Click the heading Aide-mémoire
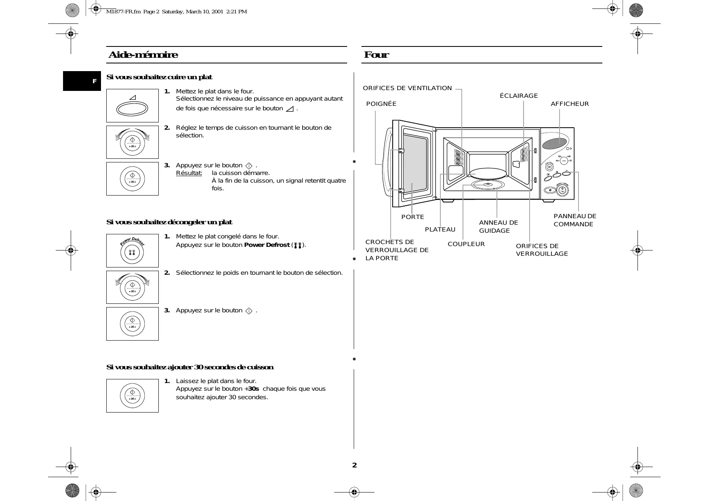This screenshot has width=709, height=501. tap(143, 55)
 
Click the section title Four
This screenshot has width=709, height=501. tap(376, 55)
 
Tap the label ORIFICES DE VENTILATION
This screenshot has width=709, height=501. tap(407, 88)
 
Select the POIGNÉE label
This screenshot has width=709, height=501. tap(381, 104)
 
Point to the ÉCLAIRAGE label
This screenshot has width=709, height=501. tap(519, 96)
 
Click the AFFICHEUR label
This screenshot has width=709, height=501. tap(570, 104)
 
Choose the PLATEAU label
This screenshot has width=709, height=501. tap(440, 229)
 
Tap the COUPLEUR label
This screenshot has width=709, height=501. tap(466, 244)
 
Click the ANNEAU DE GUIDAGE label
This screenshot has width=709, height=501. tap(498, 227)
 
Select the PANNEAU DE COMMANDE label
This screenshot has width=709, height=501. tap(574, 220)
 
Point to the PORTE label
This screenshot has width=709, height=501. tap(412, 217)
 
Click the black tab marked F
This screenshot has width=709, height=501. tap(82, 81)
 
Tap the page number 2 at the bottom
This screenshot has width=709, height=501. tap(354, 465)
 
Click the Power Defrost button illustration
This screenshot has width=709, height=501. tap(132, 253)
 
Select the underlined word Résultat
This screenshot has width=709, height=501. tap(189, 173)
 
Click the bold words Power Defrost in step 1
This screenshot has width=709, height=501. tap(267, 245)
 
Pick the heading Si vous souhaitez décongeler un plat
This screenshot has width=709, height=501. tap(169, 222)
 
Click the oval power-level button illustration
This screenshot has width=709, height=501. tap(132, 109)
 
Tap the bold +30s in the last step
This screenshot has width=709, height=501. tap(252, 389)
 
